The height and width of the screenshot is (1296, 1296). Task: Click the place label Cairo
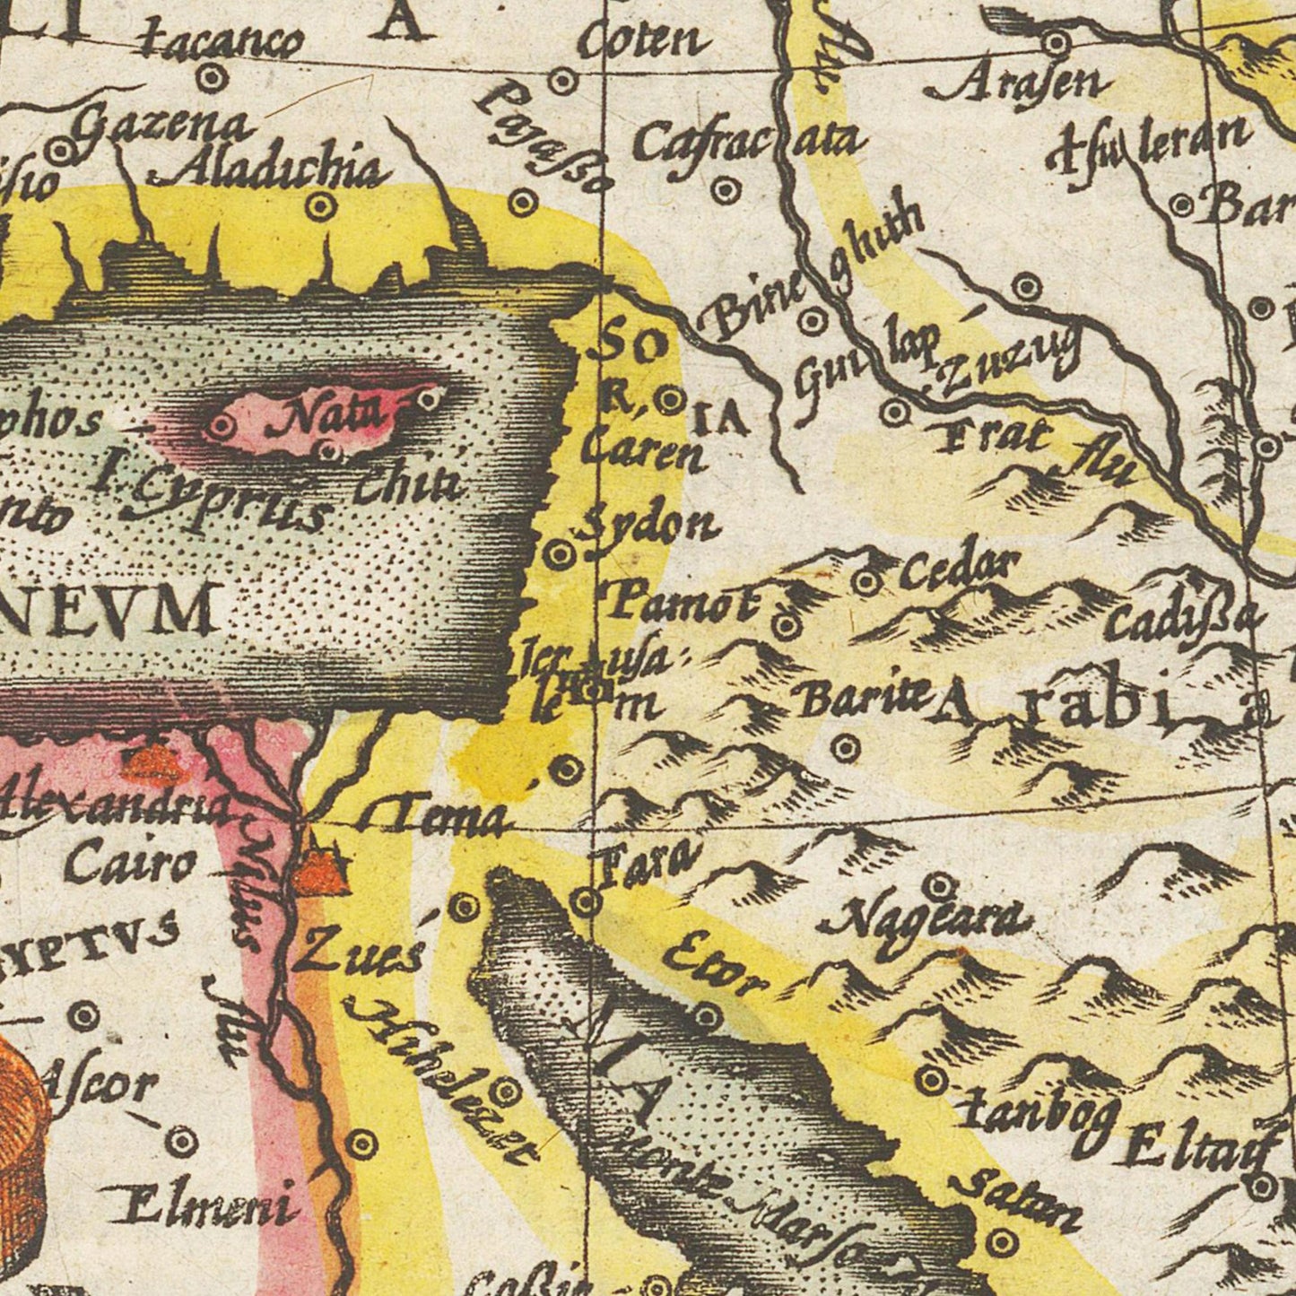tap(130, 865)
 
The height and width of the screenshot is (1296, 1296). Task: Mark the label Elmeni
tap(201, 1206)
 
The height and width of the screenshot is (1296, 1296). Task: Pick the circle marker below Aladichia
tap(319, 208)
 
